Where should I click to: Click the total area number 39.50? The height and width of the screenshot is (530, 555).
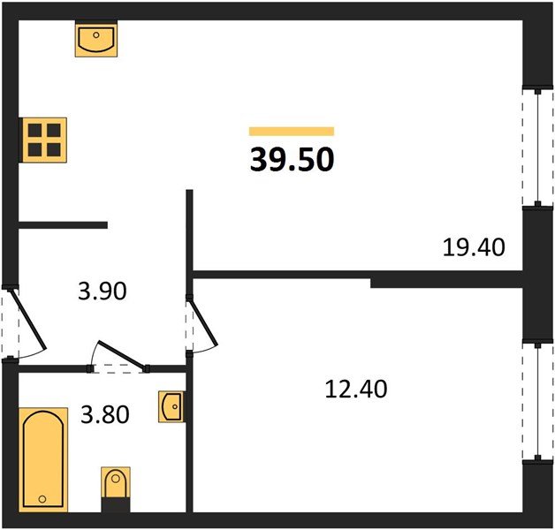pyautogui.click(x=292, y=160)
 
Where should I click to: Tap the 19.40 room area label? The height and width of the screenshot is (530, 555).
pyautogui.click(x=474, y=247)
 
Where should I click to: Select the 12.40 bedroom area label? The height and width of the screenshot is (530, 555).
pyautogui.click(x=356, y=389)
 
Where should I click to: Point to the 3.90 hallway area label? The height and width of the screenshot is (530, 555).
pyautogui.click(x=103, y=291)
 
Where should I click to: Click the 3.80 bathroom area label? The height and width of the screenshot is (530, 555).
pyautogui.click(x=105, y=414)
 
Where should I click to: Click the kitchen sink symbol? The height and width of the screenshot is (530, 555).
pyautogui.click(x=96, y=39)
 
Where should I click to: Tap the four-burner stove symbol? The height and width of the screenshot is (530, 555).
pyautogui.click(x=44, y=140)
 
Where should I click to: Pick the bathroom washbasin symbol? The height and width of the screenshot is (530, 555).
pyautogui.click(x=171, y=406)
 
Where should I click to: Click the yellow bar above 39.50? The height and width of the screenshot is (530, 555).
pyautogui.click(x=292, y=132)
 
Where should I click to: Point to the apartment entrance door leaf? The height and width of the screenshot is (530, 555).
pyautogui.click(x=28, y=319)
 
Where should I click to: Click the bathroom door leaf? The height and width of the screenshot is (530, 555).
pyautogui.click(x=122, y=356)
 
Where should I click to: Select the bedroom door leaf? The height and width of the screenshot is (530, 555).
pyautogui.click(x=203, y=322)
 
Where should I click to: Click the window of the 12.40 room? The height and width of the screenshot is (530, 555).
pyautogui.click(x=538, y=401)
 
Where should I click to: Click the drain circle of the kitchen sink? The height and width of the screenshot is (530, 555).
pyautogui.click(x=96, y=34)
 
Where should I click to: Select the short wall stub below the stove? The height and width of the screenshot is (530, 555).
pyautogui.click(x=63, y=225)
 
